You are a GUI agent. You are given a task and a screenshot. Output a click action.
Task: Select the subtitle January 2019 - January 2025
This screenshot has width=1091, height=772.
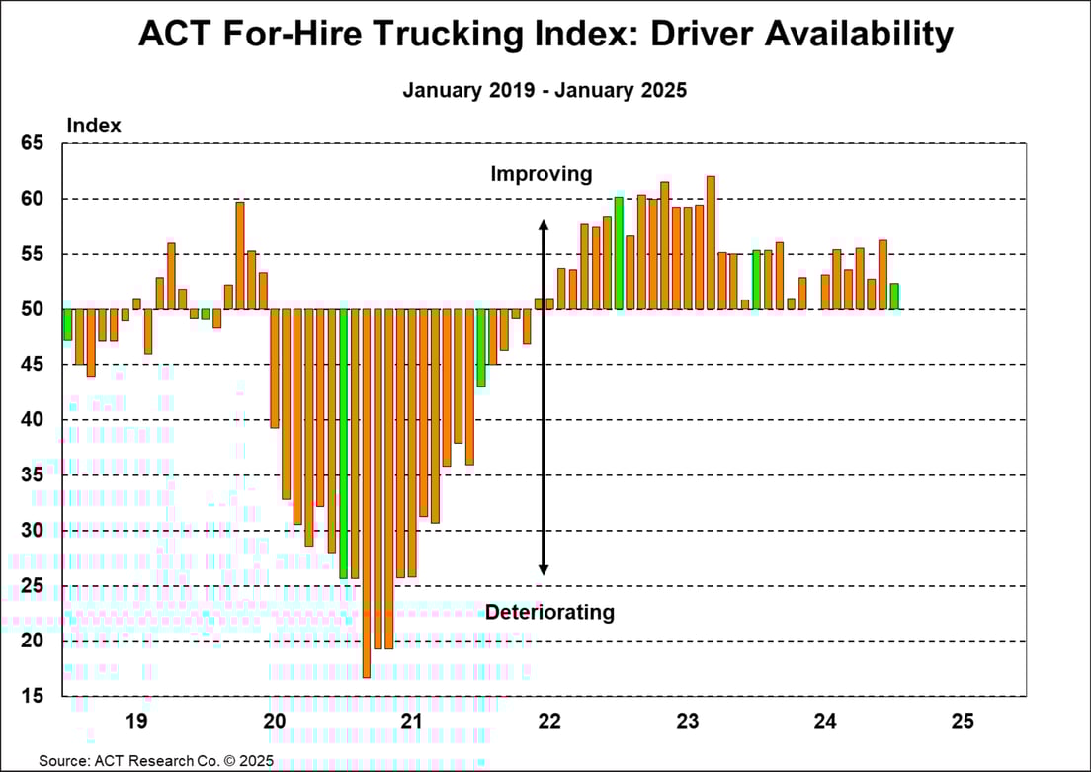coord(545,90)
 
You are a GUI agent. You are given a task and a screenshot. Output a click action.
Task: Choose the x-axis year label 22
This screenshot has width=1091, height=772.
coord(549,721)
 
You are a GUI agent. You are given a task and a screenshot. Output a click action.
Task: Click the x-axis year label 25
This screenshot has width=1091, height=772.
coord(963,721)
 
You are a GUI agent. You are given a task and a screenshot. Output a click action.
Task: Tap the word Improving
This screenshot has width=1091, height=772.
coord(542,174)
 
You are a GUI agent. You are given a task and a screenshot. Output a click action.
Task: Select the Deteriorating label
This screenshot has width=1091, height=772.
coord(549,613)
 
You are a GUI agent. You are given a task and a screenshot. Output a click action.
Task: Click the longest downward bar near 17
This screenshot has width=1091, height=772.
coord(367,494)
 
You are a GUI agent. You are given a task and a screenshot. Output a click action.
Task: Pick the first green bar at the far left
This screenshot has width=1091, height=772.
coord(67,324)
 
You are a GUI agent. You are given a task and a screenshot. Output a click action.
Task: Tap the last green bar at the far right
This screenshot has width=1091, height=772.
coord(894,297)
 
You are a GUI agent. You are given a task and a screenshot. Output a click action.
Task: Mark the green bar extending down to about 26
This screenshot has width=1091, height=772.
coord(344,444)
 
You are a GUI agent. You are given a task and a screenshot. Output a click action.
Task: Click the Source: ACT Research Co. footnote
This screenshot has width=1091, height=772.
coord(156,761)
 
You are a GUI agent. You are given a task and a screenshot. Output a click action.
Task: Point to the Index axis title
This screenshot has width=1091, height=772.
coord(94,126)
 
